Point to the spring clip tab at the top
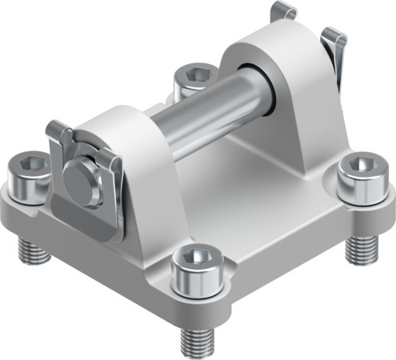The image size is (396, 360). point(283,11)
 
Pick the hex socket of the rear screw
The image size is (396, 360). point(194,74)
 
